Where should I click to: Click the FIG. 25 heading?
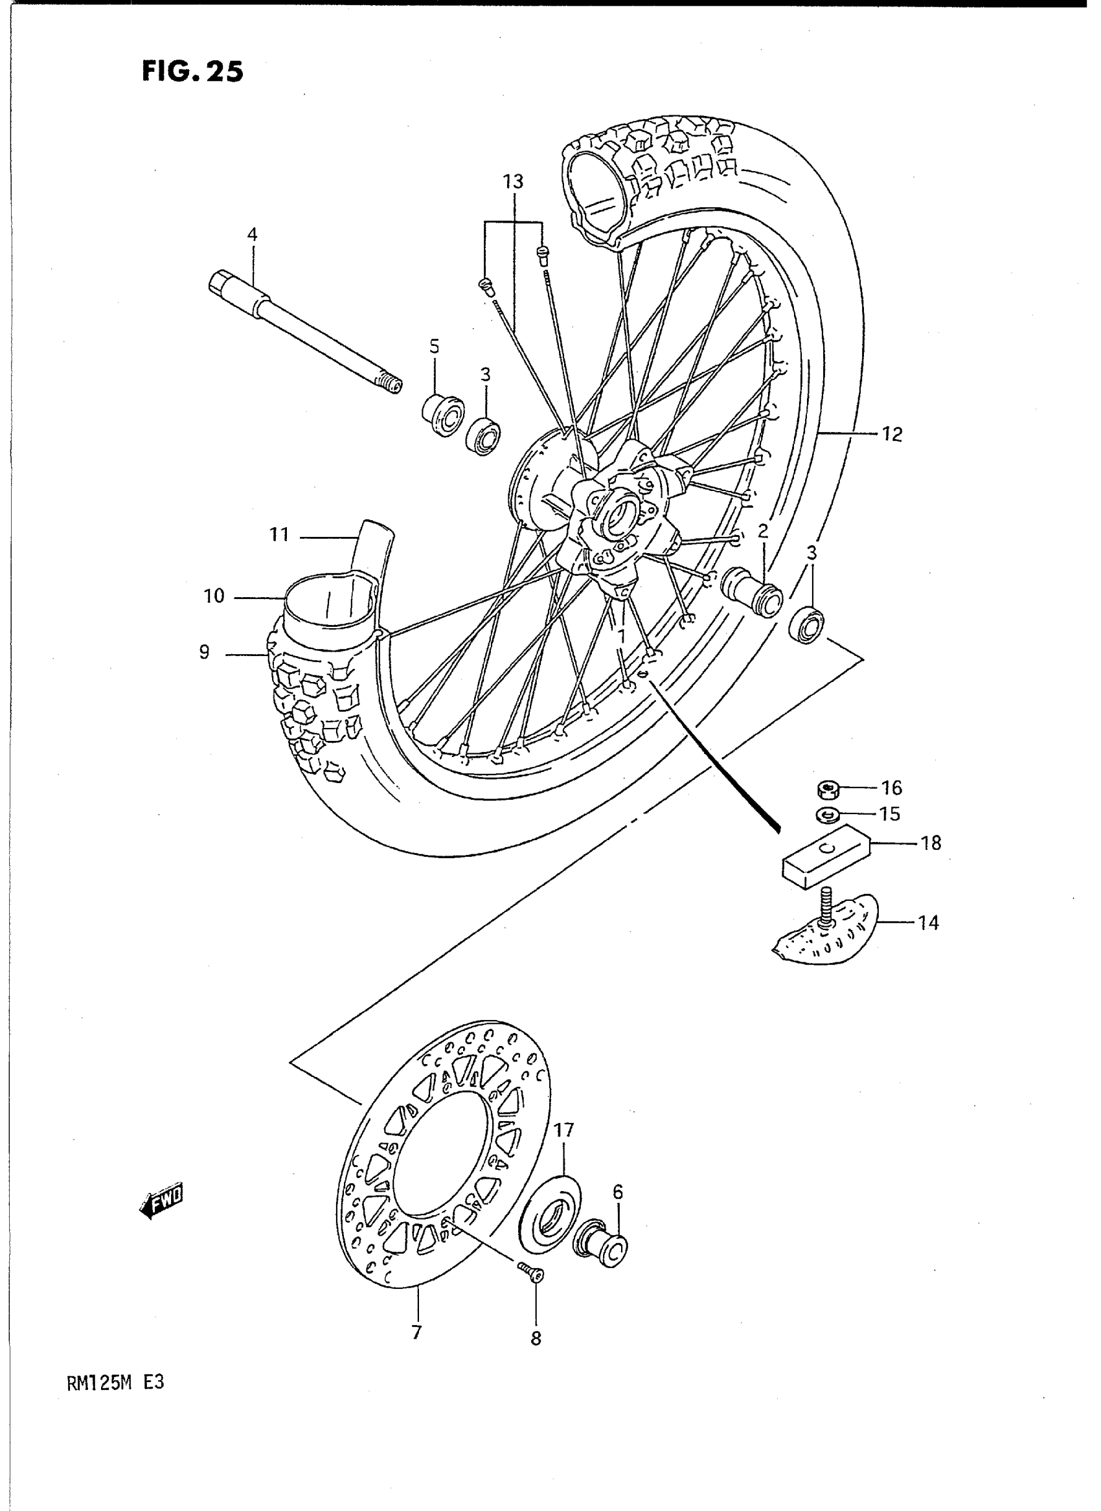coord(192,71)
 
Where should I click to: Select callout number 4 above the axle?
coord(252,234)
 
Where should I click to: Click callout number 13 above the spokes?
coord(513,182)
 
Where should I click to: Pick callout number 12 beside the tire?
coord(892,435)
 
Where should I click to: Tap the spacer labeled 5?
coord(442,415)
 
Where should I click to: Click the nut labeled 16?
coord(827,791)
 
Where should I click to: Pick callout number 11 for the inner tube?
coord(279,534)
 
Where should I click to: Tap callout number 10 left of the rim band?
coord(214,596)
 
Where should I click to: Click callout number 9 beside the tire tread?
coord(204,652)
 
